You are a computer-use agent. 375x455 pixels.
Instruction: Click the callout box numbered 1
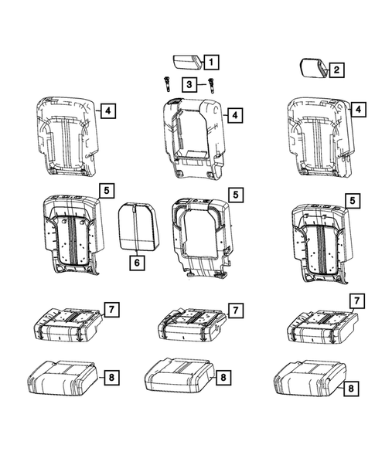coord(211,61)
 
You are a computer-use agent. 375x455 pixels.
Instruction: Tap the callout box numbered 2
coord(337,71)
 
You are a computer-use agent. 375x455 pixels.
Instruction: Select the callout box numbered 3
coord(188,83)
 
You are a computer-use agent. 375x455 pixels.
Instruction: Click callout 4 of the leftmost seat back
coord(109,111)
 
